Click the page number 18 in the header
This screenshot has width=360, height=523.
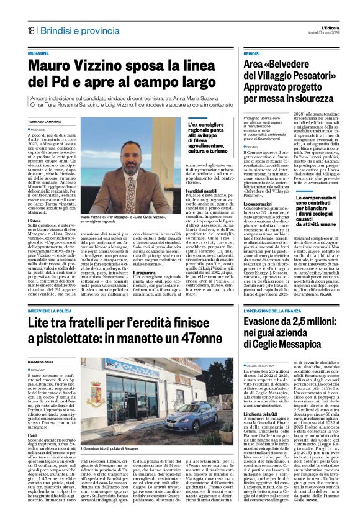click(30, 31)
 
